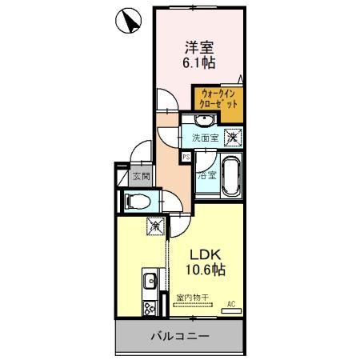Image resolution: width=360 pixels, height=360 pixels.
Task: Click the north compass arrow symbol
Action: (x=128, y=22)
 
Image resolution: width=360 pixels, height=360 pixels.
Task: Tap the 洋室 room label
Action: (x=199, y=46)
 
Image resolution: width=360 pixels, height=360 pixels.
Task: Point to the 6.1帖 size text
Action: (x=199, y=62)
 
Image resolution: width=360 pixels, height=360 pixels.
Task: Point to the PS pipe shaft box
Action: (x=186, y=157)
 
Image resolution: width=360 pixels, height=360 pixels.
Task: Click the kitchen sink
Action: (x=149, y=282)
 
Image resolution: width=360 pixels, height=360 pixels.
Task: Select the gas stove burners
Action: (x=148, y=309)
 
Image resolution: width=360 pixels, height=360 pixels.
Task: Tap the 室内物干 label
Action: (x=192, y=298)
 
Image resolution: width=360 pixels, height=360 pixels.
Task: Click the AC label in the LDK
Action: (x=230, y=303)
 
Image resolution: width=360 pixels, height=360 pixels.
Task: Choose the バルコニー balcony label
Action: (x=180, y=337)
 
